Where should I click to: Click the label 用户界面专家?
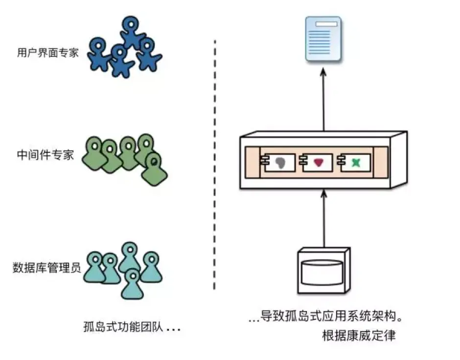point(47,53)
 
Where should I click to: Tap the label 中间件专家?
point(45,155)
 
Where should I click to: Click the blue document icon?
point(323,39)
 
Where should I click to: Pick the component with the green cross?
point(356,162)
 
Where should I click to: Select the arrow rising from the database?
point(323,218)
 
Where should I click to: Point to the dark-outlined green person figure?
point(155,167)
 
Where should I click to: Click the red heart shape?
point(319,162)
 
